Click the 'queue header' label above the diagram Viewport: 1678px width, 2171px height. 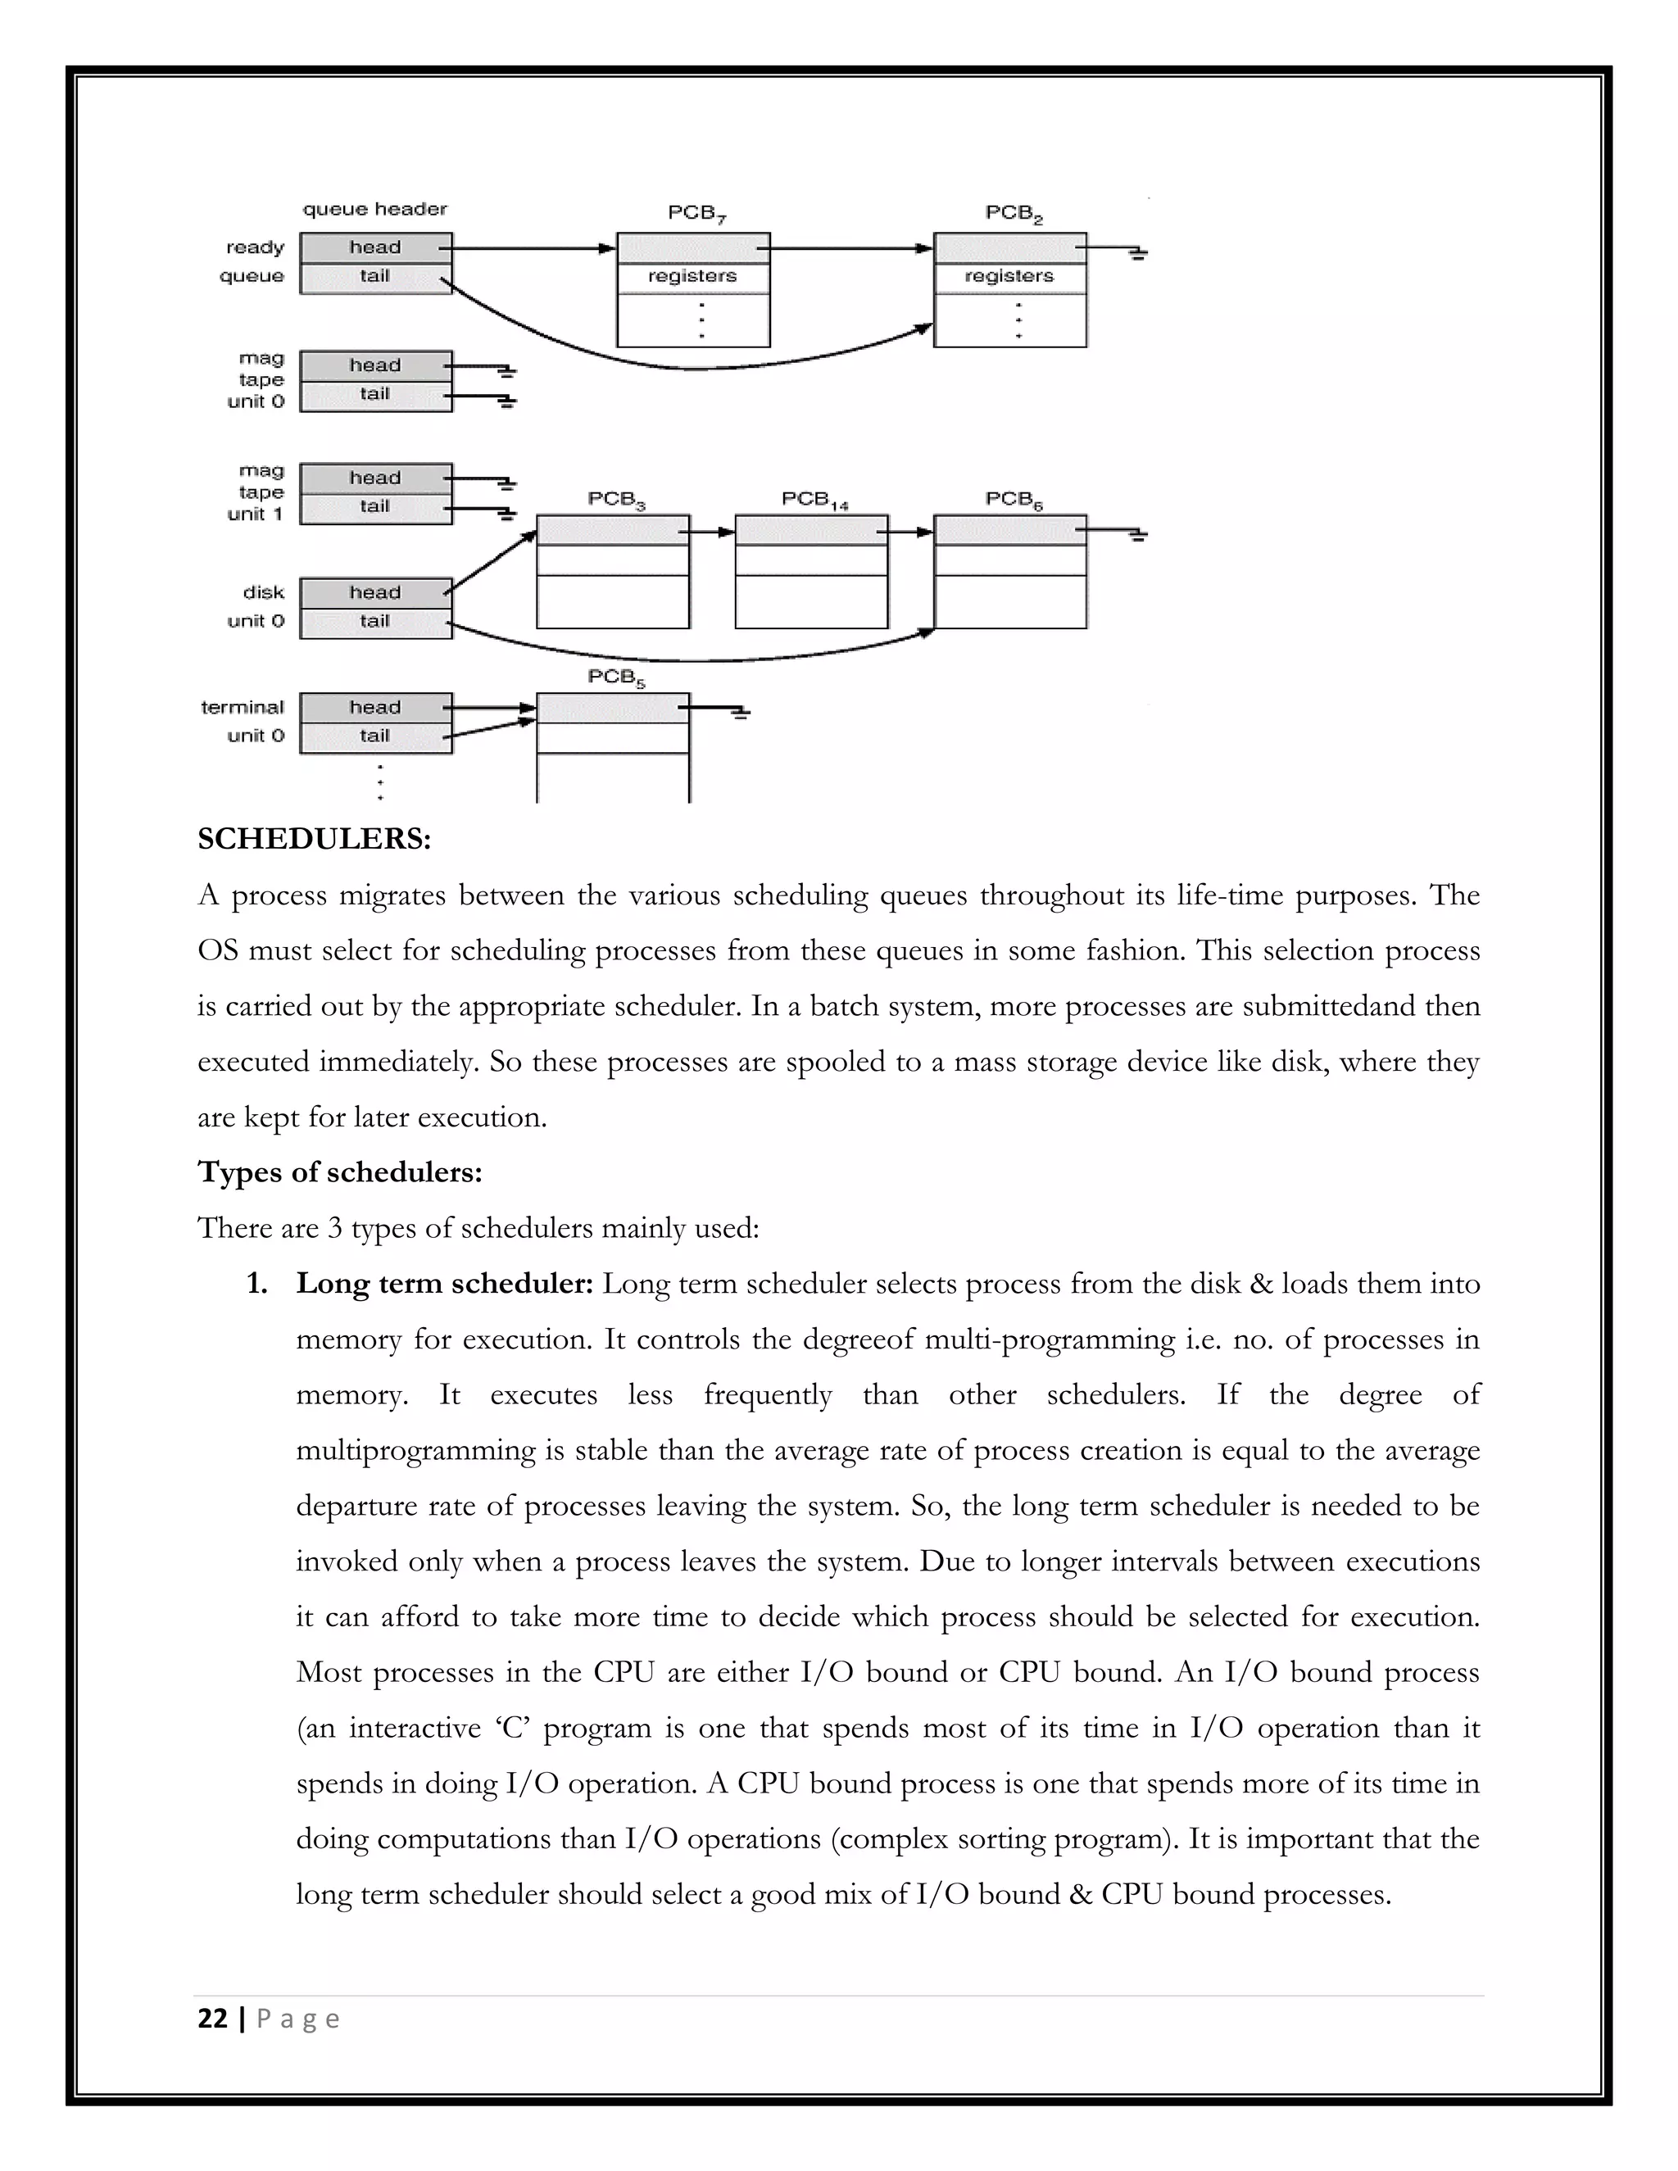[x=374, y=209]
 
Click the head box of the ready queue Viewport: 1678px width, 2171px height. [x=374, y=247]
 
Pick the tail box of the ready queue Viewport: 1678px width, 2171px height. [x=374, y=276]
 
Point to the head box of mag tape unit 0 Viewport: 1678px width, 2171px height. [x=374, y=366]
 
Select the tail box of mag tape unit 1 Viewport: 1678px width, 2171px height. [x=374, y=507]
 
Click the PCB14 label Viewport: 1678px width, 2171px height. [x=814, y=500]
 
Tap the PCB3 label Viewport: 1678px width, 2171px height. [x=615, y=500]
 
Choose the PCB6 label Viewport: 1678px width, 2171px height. [x=1013, y=500]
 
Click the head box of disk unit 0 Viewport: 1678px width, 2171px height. [x=374, y=593]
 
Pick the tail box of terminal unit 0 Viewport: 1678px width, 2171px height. [x=374, y=737]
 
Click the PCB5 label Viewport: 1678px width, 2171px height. [x=615, y=678]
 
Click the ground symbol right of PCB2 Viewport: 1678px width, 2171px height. [x=1137, y=252]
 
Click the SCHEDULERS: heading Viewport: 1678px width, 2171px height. [x=314, y=839]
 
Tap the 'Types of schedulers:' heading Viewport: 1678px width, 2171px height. [x=340, y=1172]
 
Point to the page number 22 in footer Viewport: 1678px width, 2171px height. [x=213, y=2019]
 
